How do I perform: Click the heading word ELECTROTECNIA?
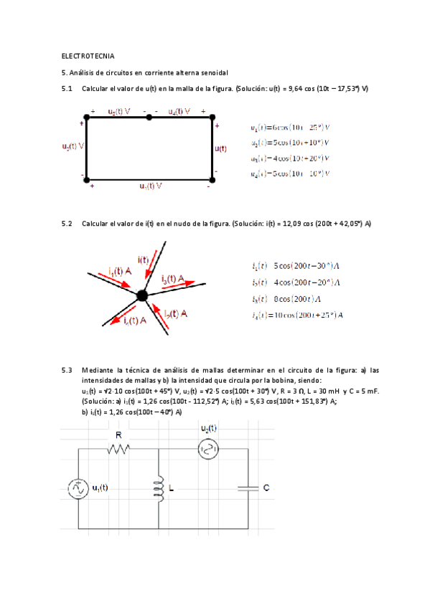tap(88, 55)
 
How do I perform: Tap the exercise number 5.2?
tap(68, 224)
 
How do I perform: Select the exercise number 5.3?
tap(68, 370)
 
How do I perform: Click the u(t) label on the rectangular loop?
tap(220, 148)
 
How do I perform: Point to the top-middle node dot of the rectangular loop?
tap(149, 116)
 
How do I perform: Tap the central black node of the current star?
tap(142, 295)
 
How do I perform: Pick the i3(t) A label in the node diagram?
tap(175, 277)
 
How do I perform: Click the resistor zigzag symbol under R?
tap(119, 450)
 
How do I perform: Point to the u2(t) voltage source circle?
tap(207, 450)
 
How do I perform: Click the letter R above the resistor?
tap(118, 434)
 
